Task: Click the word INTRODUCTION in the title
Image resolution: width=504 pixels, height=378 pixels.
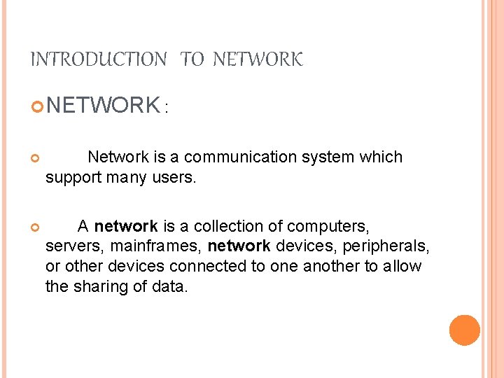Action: pyautogui.click(x=98, y=60)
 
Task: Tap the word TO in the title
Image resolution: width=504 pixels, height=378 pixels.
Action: pyautogui.click(x=192, y=60)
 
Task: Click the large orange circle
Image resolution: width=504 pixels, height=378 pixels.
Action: pyautogui.click(x=465, y=330)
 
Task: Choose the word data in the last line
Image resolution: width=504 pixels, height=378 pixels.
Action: pyautogui.click(x=170, y=286)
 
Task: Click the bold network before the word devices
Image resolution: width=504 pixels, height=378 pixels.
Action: pyautogui.click(x=239, y=246)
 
